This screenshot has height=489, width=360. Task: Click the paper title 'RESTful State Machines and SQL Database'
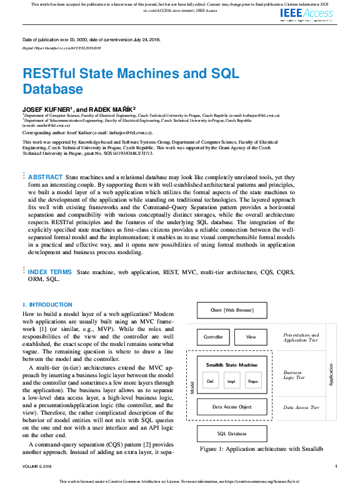(x=131, y=81)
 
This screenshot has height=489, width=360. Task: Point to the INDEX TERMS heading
(x=50, y=272)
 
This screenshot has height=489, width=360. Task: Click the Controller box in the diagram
(x=213, y=337)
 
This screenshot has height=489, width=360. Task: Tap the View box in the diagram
(x=251, y=337)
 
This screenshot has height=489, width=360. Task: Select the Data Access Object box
(x=232, y=407)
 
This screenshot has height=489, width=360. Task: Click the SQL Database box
(x=232, y=434)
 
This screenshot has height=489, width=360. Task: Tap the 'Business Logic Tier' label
(x=295, y=375)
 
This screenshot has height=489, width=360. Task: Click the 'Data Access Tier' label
(x=301, y=407)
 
